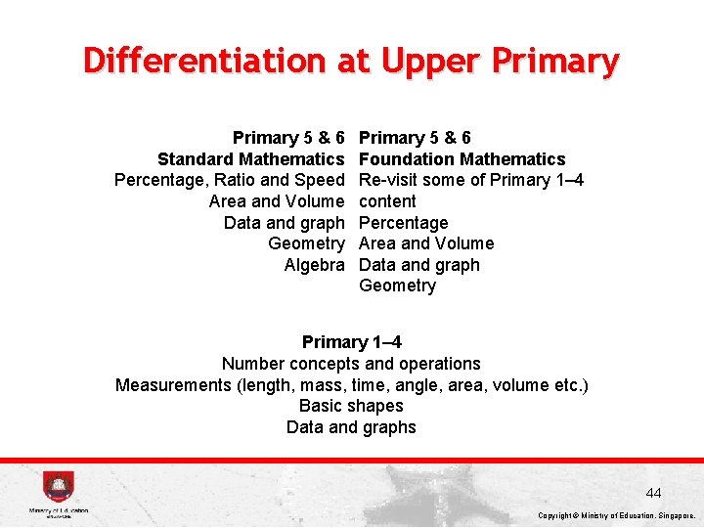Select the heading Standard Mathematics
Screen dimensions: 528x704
point(251,159)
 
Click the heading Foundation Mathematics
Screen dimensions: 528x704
point(462,159)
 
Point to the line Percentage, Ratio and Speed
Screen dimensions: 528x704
point(230,180)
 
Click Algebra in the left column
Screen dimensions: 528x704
point(314,265)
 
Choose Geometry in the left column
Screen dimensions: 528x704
point(306,243)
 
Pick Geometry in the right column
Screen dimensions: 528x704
point(398,286)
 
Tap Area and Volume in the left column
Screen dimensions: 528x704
point(277,201)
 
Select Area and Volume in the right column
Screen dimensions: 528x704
point(427,243)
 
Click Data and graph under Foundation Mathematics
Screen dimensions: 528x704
point(419,265)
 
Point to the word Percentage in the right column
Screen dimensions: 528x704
point(404,223)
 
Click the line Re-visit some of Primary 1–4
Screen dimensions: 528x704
point(472,180)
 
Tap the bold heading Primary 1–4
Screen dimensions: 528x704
point(352,342)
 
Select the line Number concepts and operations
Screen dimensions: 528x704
point(352,364)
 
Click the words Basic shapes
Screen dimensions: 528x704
point(351,406)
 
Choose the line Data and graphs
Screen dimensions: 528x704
point(351,427)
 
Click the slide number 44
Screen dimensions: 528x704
point(653,493)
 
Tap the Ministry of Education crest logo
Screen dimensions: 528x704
point(58,487)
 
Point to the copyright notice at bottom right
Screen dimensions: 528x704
point(616,515)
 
